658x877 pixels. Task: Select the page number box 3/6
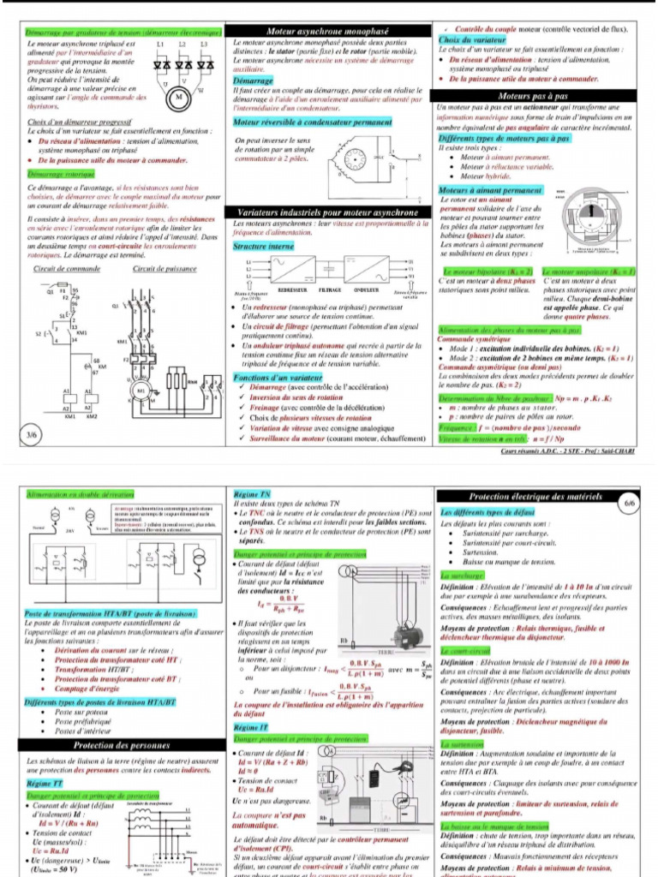33,435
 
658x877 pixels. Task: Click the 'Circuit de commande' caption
66,269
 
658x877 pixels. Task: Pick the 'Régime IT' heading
251,727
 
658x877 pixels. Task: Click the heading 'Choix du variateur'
471,40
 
